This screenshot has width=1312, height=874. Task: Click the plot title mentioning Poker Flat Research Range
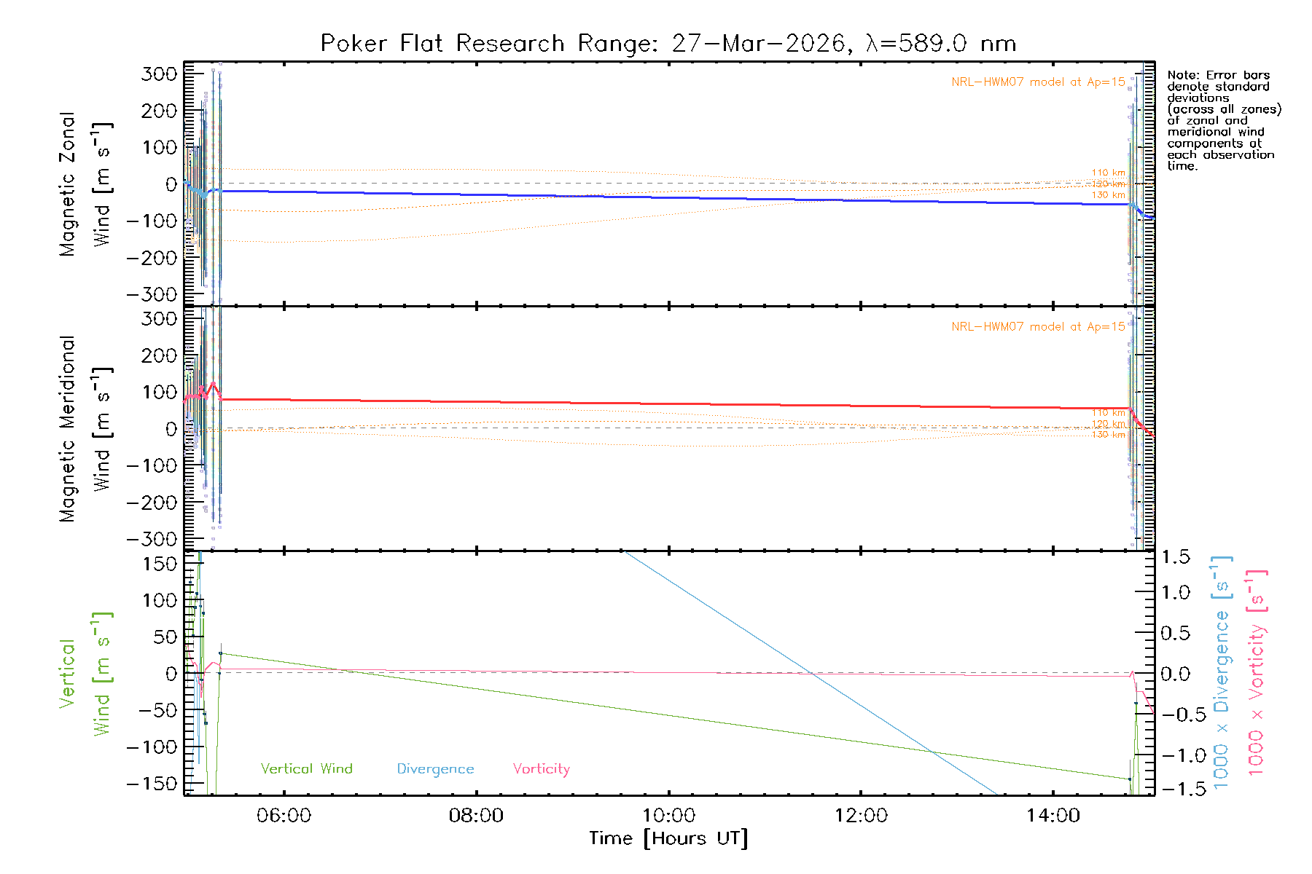tap(668, 44)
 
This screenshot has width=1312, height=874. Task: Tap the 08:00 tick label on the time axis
tap(476, 816)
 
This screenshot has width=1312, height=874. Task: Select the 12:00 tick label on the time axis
tap(861, 816)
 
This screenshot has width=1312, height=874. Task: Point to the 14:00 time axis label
tap(1053, 816)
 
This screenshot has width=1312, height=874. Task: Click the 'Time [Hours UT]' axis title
tap(668, 838)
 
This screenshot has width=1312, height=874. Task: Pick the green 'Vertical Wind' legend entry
tap(306, 768)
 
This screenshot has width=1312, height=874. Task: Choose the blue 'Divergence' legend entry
tap(435, 768)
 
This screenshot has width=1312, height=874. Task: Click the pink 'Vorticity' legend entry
tap(541, 768)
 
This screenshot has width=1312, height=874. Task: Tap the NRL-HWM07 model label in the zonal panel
tap(1038, 82)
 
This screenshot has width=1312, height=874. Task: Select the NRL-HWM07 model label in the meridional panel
tap(1038, 327)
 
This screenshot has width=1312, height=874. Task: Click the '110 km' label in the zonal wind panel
tap(1108, 173)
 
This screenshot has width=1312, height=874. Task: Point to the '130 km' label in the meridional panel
tap(1108, 435)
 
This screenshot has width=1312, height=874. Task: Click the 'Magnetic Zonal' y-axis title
tap(68, 184)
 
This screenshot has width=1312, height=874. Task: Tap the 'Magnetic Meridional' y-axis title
tap(68, 428)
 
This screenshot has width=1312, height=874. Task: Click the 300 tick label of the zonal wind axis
tap(159, 74)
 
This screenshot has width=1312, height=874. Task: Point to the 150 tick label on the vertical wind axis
tap(160, 564)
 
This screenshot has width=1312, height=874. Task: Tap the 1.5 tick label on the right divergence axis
tap(1175, 557)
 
